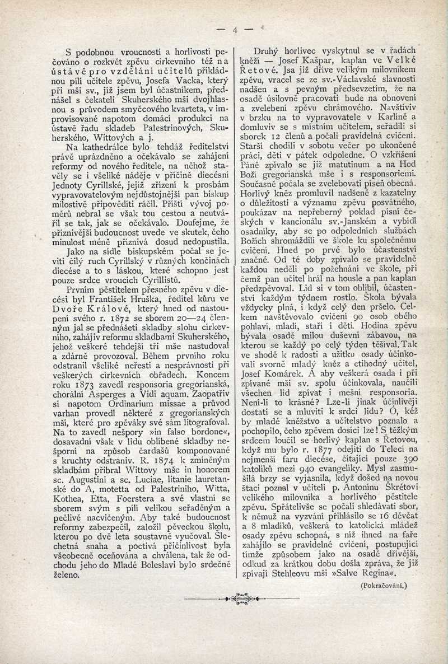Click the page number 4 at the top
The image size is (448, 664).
click(x=235, y=30)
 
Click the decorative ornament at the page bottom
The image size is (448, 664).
click(x=234, y=598)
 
